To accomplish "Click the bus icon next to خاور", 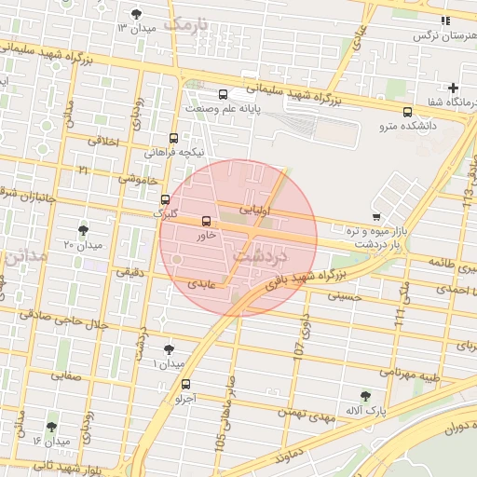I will pyautogui.click(x=206, y=222).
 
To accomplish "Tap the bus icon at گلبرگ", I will pyautogui.click(x=166, y=199).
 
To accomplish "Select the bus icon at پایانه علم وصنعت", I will pyautogui.click(x=223, y=94).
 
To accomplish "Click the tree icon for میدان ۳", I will pyautogui.click(x=138, y=14).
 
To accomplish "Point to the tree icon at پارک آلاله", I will pyautogui.click(x=365, y=396).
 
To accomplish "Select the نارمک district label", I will pyautogui.click(x=184, y=23).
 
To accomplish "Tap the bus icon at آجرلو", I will pyautogui.click(x=185, y=384).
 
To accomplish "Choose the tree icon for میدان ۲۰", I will pyautogui.click(x=84, y=229).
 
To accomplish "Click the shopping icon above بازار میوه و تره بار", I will pyautogui.click(x=375, y=215).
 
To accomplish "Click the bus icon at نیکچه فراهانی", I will pyautogui.click(x=174, y=137).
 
